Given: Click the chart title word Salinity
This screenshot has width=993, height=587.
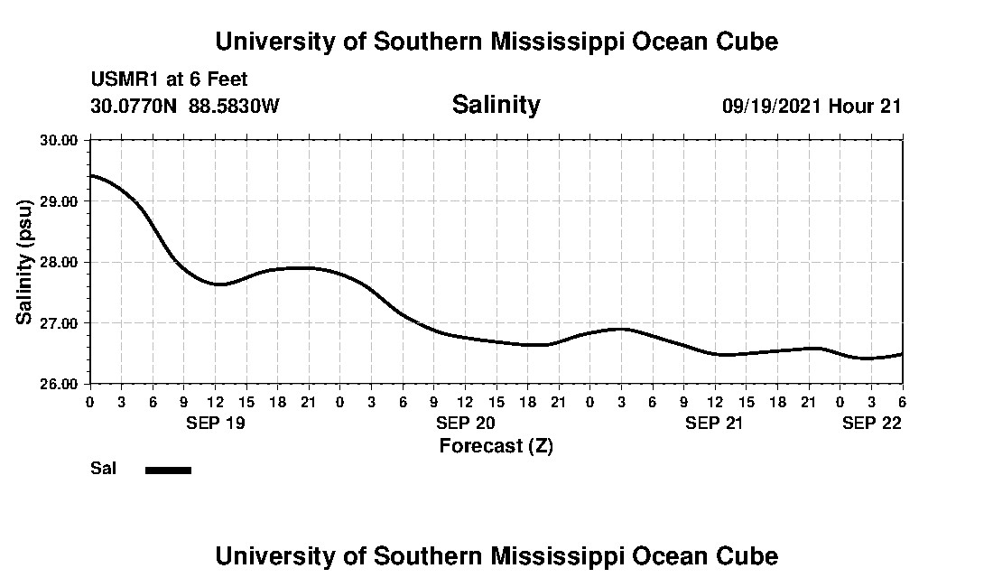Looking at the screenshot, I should (x=496, y=105).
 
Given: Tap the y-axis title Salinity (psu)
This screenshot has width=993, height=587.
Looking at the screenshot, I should (x=25, y=262).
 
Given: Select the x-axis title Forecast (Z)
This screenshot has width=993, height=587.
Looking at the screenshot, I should (x=496, y=445).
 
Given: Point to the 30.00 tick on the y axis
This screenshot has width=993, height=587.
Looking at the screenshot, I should (x=59, y=140).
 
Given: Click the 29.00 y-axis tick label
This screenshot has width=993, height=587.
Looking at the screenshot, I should (x=59, y=200).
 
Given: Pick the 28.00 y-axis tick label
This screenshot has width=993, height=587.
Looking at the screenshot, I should (x=59, y=262).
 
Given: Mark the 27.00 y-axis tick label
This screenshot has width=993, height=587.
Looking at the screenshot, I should (x=59, y=322).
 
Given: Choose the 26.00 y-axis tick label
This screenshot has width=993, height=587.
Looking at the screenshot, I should (x=59, y=384).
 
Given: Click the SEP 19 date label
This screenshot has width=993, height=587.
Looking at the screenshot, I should (x=215, y=423).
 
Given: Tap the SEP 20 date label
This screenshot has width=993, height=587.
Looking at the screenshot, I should (x=465, y=423).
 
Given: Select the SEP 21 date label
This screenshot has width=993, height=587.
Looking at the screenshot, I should (x=714, y=423).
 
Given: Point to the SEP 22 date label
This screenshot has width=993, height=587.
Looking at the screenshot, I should (x=872, y=423).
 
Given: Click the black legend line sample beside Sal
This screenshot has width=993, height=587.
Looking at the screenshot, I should (x=168, y=470).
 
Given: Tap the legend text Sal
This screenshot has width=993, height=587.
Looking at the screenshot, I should (x=102, y=469).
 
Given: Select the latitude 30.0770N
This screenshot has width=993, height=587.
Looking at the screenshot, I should (x=135, y=106).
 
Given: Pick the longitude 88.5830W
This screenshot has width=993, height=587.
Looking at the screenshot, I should (x=234, y=106).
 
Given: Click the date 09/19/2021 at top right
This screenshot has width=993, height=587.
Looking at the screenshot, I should (x=772, y=106).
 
